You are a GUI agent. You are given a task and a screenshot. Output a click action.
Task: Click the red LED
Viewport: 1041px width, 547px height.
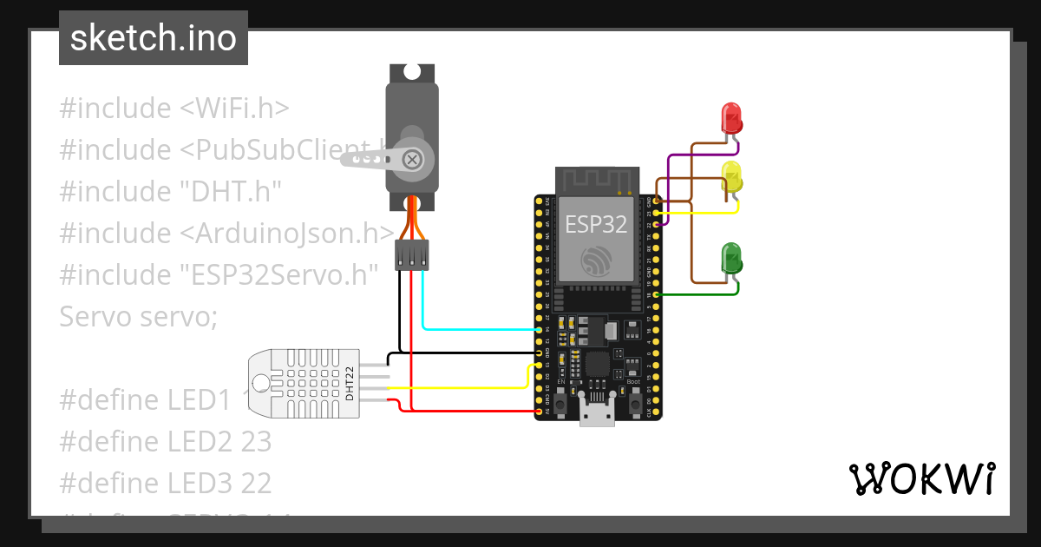(x=731, y=116)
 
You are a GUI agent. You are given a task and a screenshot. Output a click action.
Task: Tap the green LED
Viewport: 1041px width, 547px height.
(x=732, y=258)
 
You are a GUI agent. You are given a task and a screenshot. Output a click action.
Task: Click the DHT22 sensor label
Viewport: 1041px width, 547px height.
(x=350, y=383)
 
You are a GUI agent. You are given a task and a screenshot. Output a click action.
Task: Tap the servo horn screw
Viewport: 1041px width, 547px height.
(x=413, y=159)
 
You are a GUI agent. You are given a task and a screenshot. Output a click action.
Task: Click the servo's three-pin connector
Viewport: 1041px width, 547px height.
(x=412, y=255)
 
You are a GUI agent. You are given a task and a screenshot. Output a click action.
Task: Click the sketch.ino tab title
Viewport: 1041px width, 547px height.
(x=154, y=38)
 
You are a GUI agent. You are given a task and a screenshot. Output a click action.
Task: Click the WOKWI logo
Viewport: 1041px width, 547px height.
(x=921, y=478)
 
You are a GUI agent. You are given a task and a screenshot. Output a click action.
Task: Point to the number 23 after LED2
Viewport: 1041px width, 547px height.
(x=256, y=441)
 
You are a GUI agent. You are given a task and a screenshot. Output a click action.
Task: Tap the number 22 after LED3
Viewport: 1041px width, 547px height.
(x=256, y=482)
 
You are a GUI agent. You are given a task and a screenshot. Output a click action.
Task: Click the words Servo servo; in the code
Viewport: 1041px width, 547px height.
(x=138, y=316)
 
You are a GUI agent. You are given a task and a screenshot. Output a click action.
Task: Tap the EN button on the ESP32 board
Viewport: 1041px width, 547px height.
(x=561, y=403)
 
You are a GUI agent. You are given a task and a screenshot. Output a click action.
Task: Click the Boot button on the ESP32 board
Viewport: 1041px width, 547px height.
(x=634, y=403)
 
